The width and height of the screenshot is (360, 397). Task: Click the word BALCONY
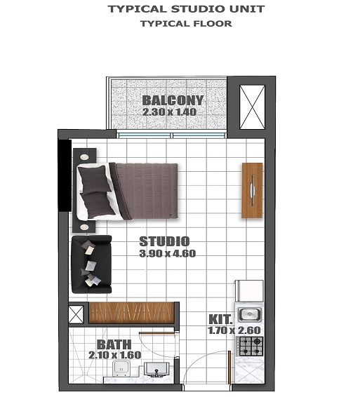pos(173,100)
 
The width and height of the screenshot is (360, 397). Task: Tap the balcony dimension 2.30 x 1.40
pos(168,112)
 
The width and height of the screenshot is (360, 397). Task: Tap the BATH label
pos(113,344)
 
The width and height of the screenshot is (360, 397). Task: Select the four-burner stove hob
pos(251,344)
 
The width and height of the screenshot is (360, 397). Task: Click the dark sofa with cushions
pos(91,264)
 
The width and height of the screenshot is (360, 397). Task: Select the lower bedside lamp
pos(85,227)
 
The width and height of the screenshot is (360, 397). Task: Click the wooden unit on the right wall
pos(252,190)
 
